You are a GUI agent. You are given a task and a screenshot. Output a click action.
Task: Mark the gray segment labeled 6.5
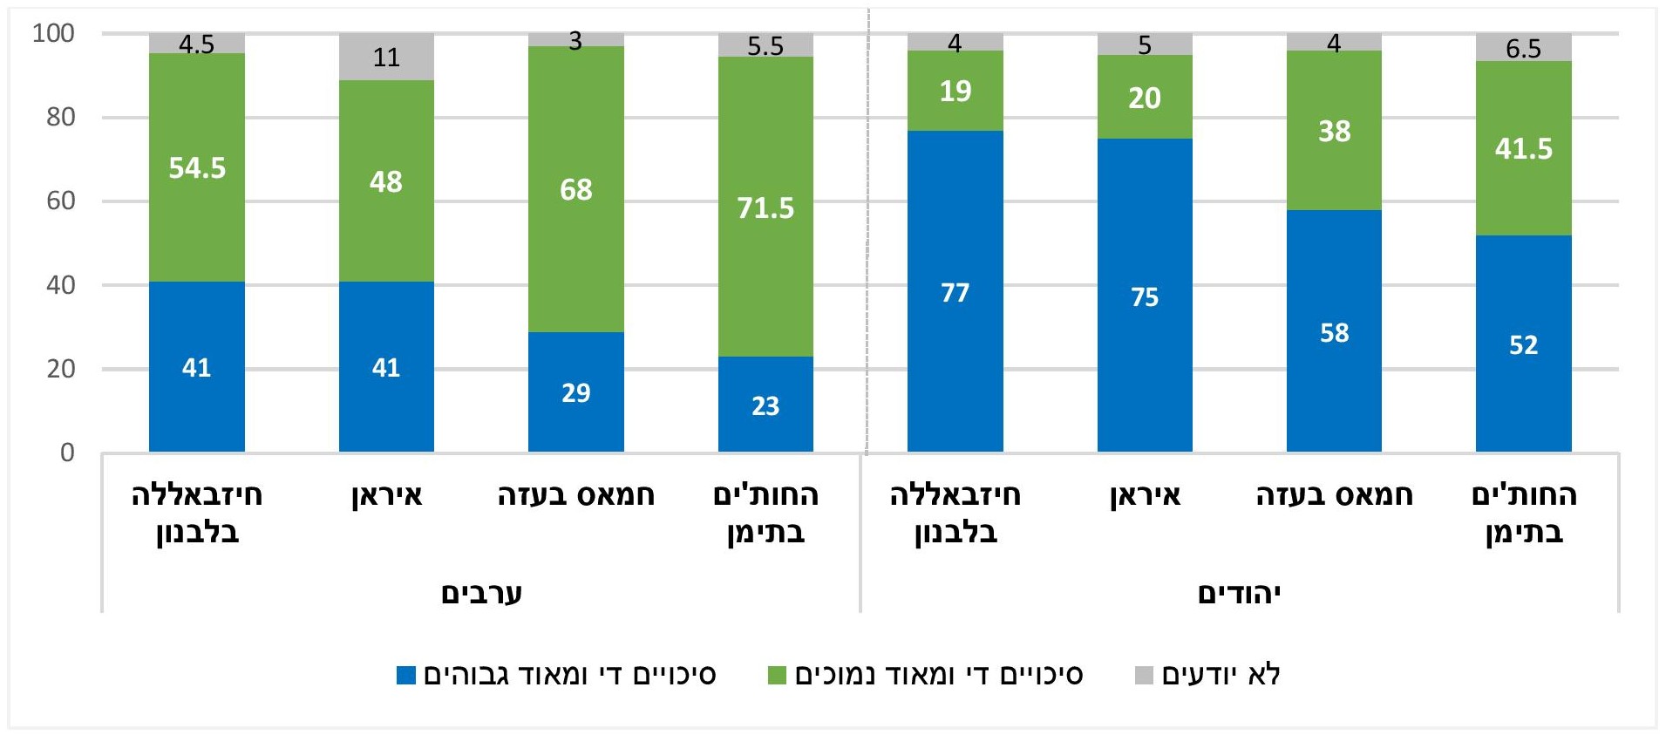coord(1523,47)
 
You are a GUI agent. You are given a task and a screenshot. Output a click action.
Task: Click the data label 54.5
coord(197,167)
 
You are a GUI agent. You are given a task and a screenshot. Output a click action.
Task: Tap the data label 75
coord(1145,297)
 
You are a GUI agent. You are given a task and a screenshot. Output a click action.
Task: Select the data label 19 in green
coord(955,92)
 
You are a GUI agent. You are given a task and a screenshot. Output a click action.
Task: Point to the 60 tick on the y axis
coord(60,201)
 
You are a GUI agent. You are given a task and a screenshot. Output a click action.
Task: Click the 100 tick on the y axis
coord(54,33)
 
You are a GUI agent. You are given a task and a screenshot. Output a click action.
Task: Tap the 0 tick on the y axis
coord(67,453)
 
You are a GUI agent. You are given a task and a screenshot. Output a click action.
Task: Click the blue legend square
coord(405,675)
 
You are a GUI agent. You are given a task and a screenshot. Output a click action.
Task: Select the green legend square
coord(777,675)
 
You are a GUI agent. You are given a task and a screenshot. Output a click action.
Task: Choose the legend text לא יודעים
coord(1221,675)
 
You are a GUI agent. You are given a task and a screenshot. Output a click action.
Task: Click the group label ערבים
coord(481,594)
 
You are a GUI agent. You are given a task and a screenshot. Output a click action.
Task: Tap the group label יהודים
coord(1239,594)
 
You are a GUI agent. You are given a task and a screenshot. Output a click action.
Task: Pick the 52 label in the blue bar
coord(1523,344)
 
